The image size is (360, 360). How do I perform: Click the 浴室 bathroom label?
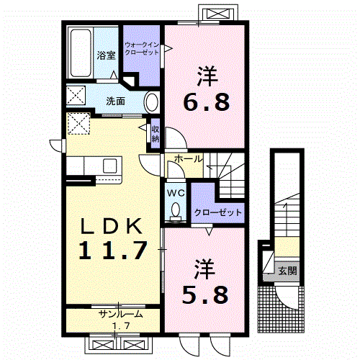tap(107, 55)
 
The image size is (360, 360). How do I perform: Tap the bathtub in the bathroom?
tap(81, 53)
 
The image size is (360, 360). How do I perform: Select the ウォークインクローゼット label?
tap(142, 48)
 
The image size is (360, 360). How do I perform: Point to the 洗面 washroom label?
tap(115, 102)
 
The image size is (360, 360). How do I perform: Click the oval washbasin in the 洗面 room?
tap(152, 102)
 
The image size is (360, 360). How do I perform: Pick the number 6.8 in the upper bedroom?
tap(207, 102)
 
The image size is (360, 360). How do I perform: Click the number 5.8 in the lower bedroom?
tap(205, 294)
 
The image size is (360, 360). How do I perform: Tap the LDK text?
tap(112, 226)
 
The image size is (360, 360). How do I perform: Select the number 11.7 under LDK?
tap(112, 251)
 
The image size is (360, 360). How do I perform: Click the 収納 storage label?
tap(156, 134)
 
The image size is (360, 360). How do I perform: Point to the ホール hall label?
tap(189, 159)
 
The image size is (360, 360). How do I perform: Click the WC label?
tap(176, 193)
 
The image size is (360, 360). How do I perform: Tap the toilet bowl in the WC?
tap(176, 210)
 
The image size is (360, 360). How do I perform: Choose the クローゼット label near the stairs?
tap(218, 212)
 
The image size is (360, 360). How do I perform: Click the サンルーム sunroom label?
tap(121, 314)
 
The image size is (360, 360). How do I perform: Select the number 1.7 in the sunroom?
tap(122, 325)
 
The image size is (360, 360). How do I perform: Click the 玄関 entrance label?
tap(287, 271)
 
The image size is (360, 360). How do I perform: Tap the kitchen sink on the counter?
tap(110, 166)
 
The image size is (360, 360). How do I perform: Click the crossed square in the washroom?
tap(76, 95)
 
